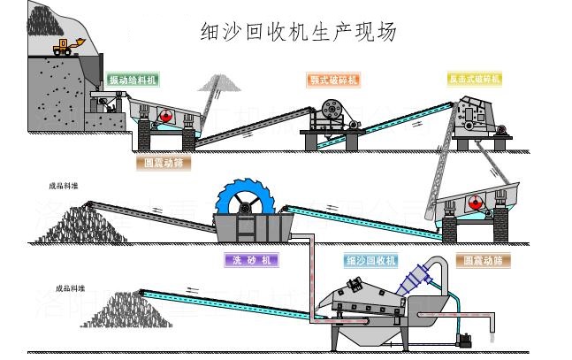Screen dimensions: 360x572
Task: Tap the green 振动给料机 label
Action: click(133, 80)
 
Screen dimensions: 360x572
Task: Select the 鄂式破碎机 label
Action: click(332, 80)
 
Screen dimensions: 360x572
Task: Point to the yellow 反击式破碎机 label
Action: click(474, 80)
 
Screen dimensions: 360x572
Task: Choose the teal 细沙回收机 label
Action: click(371, 260)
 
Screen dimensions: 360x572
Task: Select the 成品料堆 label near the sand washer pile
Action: click(64, 187)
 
